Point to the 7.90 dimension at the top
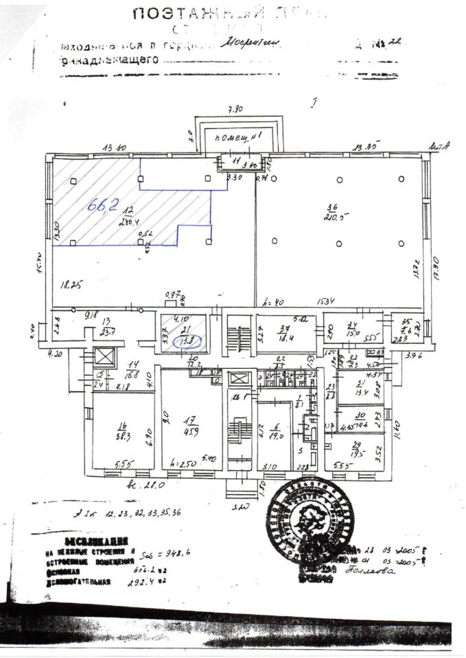pos(237,109)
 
